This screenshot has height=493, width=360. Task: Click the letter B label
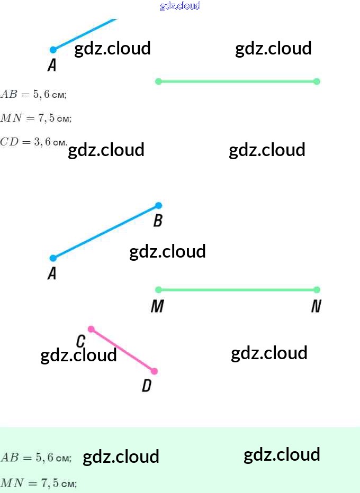coord(158,221)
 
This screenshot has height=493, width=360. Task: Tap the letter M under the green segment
coord(157,306)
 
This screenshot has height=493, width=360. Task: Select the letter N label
coord(316,306)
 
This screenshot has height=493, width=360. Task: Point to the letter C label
coord(81,341)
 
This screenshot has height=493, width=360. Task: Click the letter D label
coord(147,386)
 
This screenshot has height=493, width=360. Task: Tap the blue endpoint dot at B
coord(158,205)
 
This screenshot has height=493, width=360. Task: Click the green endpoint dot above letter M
coord(158,289)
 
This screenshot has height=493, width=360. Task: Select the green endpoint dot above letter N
coord(317,289)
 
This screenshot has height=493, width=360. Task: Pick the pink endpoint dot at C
coord(91,329)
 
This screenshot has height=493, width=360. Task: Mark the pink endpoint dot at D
coord(154,371)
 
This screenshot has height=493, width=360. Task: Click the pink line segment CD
coord(122,350)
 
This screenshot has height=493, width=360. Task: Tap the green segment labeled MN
coord(237,289)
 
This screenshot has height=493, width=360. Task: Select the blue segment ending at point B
coord(106,232)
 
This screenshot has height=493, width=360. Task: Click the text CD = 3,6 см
coord(34,142)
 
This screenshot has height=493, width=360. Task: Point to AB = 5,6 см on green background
coord(36,458)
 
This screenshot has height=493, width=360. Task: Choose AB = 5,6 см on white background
coord(33,95)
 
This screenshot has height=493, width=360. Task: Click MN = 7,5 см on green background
coord(39,482)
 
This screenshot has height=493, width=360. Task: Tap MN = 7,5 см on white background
coord(36,118)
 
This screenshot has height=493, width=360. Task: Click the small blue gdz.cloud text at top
coord(180,6)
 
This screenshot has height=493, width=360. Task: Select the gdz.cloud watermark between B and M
coord(167,251)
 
